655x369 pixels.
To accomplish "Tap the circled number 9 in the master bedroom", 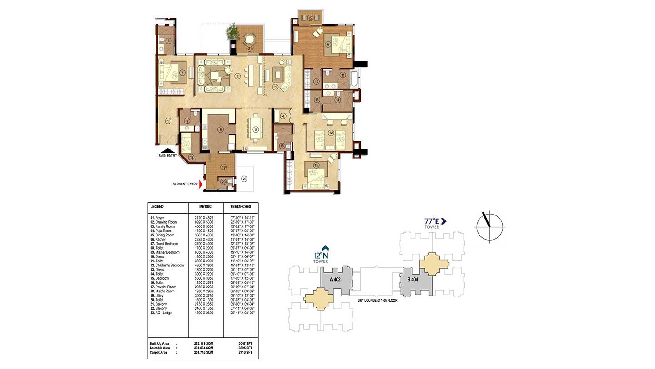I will pos(327,45).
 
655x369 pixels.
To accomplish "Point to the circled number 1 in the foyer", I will pos(168,121).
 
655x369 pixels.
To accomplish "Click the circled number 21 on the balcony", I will pos(249,48).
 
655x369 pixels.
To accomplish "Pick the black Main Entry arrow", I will pos(168,151).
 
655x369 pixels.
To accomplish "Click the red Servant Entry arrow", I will pos(201,184).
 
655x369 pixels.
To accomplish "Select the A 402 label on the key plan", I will pos(336,280).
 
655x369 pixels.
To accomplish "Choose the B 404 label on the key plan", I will pos(413,280).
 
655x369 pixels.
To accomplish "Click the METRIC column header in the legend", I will pos(205,206).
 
